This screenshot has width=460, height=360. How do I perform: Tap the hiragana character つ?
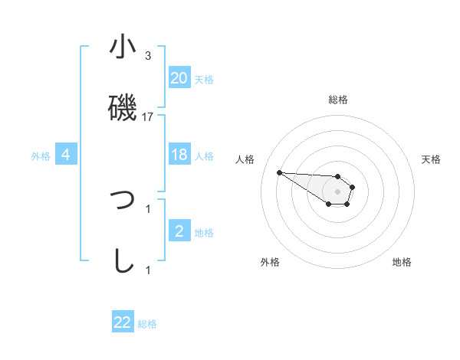tap(123, 201)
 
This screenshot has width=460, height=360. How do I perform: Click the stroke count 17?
tap(149, 116)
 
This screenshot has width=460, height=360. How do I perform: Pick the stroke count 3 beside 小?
tap(148, 56)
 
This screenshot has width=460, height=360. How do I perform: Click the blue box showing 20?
tap(179, 78)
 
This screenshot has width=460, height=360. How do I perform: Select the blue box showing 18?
tap(179, 155)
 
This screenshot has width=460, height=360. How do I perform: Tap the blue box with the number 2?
tap(179, 231)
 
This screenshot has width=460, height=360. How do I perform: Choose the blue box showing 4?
tap(66, 155)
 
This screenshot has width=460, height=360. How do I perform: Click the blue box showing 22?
tap(123, 322)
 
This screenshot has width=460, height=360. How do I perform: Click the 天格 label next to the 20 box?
tap(204, 79)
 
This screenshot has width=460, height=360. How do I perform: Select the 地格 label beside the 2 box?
tap(204, 232)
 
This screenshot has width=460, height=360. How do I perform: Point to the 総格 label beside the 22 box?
tap(147, 323)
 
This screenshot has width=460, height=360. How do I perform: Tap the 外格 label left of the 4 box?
tap(41, 155)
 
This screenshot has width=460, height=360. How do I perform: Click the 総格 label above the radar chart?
tap(338, 100)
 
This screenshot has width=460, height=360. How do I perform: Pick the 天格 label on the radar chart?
tap(432, 159)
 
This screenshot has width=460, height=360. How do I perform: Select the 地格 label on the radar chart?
tap(402, 262)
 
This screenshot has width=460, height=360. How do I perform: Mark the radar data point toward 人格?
tap(279, 172)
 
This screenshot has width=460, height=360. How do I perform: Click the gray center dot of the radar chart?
tap(338, 191)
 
